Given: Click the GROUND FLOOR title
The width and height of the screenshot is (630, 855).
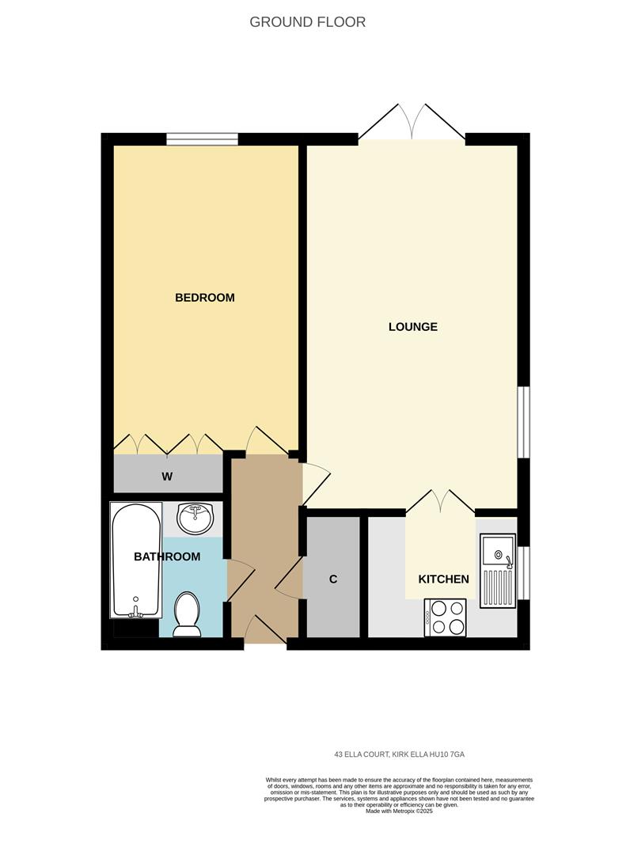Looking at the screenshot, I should pyautogui.click(x=307, y=22).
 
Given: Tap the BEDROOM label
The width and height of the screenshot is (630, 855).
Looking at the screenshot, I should pyautogui.click(x=204, y=298).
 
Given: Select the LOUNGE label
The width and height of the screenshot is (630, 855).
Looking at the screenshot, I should pyautogui.click(x=412, y=326).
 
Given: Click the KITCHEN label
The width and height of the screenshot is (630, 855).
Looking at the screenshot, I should pyautogui.click(x=443, y=579).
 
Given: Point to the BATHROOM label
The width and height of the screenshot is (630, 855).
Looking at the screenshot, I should pyautogui.click(x=166, y=557).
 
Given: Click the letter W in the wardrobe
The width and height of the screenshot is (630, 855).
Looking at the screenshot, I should pyautogui.click(x=167, y=476).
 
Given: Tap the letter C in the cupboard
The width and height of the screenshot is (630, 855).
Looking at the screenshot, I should pyautogui.click(x=333, y=579).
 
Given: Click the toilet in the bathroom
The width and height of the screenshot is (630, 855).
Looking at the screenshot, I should pyautogui.click(x=188, y=614).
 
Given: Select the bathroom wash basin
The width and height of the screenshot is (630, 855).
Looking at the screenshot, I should pyautogui.click(x=194, y=519).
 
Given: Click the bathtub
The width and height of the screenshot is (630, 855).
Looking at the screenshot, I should pyautogui.click(x=136, y=560).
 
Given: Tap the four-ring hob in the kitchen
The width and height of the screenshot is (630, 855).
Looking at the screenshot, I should pyautogui.click(x=446, y=617).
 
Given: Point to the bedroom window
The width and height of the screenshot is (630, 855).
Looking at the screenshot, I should pyautogui.click(x=202, y=139).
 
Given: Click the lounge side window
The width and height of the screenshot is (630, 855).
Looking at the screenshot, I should pyautogui.click(x=522, y=421).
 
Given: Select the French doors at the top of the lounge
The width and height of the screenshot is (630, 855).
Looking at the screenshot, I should pyautogui.click(x=412, y=123).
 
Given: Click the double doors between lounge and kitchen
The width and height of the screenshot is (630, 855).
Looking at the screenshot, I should pyautogui.click(x=440, y=502).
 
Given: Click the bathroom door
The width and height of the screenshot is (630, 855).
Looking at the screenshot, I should pyautogui.click(x=240, y=579).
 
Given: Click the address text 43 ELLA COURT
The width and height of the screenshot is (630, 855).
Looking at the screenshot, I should pyautogui.click(x=404, y=754).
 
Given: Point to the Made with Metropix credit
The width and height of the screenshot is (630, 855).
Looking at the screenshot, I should pyautogui.click(x=399, y=811).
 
